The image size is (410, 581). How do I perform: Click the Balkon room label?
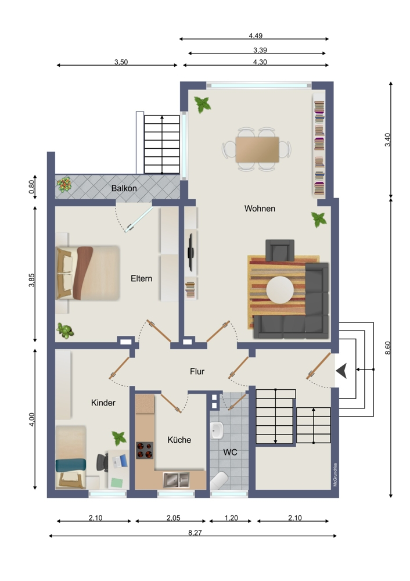[x=124, y=188]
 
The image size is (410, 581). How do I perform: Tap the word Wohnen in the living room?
[x=260, y=209]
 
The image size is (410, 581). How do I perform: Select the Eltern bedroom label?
[x=141, y=278]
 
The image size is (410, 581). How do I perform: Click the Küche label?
[x=179, y=440]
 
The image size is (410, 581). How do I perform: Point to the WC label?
[x=230, y=451]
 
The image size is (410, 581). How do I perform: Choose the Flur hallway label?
[x=197, y=372]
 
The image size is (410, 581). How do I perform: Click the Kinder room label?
[x=103, y=403]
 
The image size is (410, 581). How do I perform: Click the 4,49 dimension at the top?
[x=256, y=35]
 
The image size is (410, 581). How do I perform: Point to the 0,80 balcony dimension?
[x=33, y=187]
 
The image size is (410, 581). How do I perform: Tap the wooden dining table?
[x=257, y=149]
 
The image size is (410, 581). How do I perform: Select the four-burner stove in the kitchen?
[x=144, y=450]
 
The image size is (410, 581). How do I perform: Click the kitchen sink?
[x=176, y=479]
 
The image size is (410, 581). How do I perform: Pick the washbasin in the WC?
[x=217, y=431]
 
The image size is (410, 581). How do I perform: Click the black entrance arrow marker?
[x=342, y=370]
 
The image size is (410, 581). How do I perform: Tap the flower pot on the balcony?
[x=63, y=184]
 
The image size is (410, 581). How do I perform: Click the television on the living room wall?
[x=189, y=253]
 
